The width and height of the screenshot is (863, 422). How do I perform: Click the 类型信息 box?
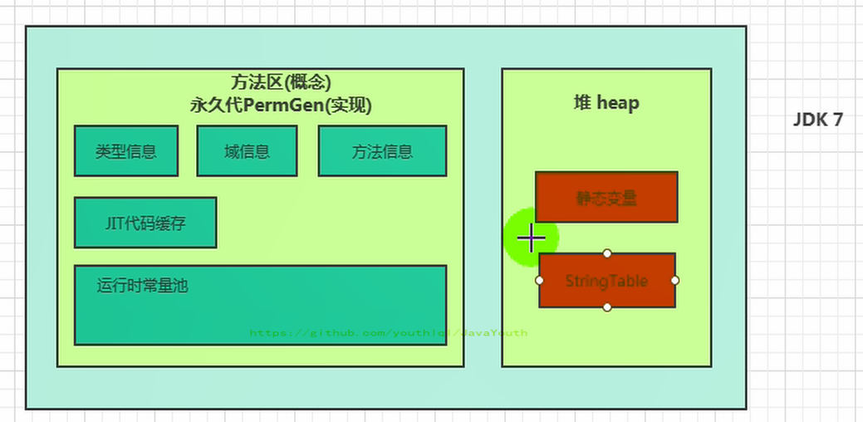point(126,151)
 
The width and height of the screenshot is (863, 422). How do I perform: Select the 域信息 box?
point(247,151)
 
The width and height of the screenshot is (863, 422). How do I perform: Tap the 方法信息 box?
point(382,151)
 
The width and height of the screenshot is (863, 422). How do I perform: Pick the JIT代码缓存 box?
point(145,223)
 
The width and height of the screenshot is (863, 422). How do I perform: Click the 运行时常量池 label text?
point(142,286)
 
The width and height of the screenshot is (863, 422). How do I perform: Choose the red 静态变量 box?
point(606,198)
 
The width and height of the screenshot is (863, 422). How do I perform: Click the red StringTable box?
point(606,281)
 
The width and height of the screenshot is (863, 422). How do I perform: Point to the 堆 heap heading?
point(606,103)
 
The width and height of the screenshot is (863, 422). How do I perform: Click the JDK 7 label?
point(817,120)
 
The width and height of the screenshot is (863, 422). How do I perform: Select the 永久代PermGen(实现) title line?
point(281,105)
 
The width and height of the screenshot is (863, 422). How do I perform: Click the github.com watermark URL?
point(389,333)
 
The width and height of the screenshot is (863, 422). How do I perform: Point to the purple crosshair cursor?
point(531,239)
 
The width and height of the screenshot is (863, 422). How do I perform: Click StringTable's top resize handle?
point(607,253)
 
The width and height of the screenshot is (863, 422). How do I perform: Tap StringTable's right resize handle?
point(674,281)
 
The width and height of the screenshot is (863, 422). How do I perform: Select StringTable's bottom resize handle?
point(607,307)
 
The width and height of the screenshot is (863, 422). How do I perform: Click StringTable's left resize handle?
point(540,281)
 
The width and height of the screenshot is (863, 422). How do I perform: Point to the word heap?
point(618,103)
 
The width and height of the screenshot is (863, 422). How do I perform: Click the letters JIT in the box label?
point(115,223)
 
